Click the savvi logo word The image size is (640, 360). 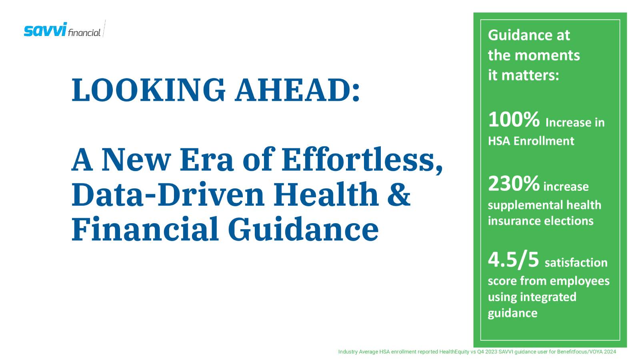(45, 30)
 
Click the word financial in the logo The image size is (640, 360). (84, 33)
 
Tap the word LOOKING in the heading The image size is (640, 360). (148, 90)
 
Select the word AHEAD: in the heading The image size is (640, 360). (298, 90)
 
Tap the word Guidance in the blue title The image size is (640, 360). (303, 229)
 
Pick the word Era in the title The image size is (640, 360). (206, 159)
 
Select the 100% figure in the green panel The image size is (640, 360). (514, 120)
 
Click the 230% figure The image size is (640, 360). (514, 184)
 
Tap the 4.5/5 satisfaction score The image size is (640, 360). (514, 260)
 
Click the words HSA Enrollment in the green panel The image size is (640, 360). (531, 141)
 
